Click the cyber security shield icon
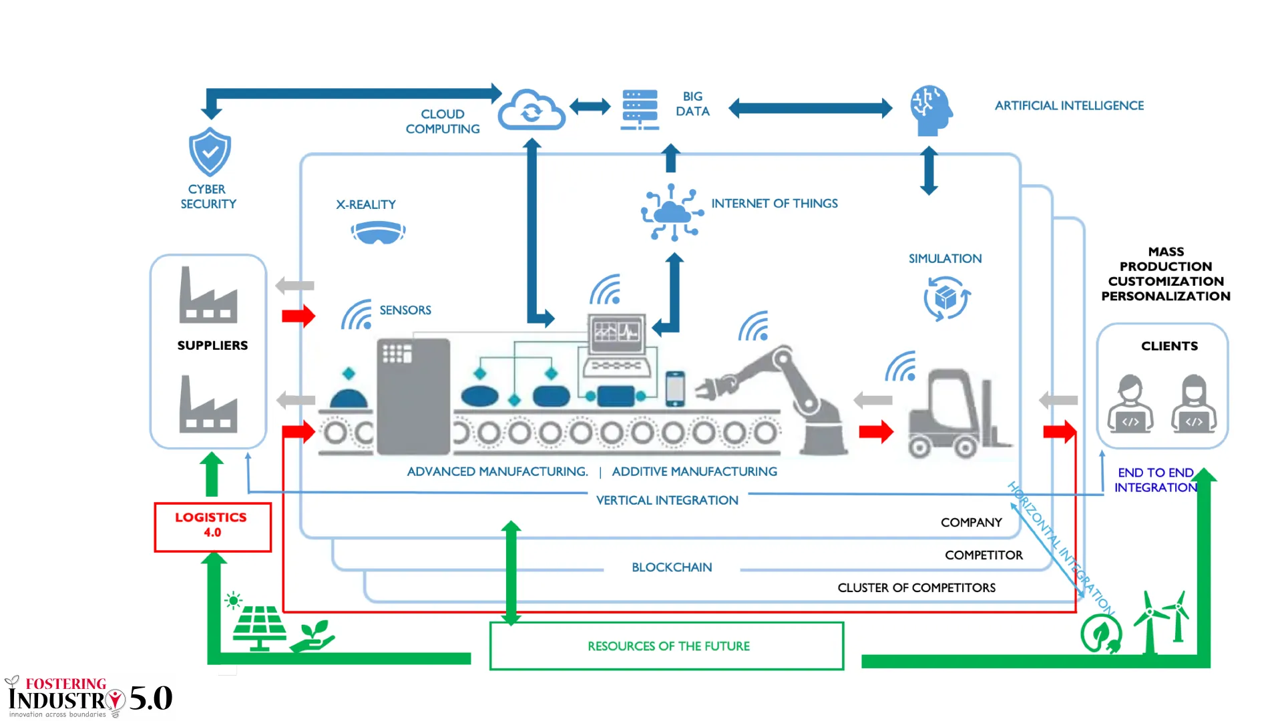(x=210, y=152)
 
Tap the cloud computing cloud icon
(x=531, y=110)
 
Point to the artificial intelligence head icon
(x=931, y=110)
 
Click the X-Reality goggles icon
(x=378, y=232)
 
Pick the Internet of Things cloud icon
(x=672, y=213)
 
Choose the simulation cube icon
(x=946, y=298)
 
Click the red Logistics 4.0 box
(x=212, y=527)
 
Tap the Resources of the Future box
(x=667, y=646)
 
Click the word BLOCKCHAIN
(x=672, y=567)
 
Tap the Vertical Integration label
(x=667, y=500)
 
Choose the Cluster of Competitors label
(x=916, y=587)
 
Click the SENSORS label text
(x=405, y=310)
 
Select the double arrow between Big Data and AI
(x=810, y=108)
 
